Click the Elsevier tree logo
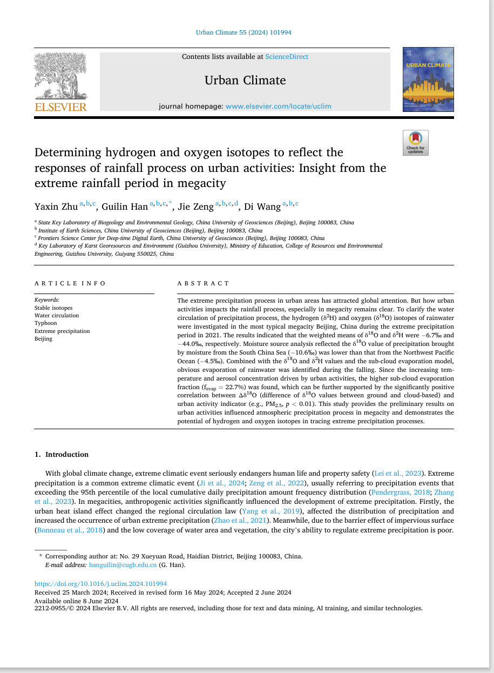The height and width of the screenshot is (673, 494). click(60, 81)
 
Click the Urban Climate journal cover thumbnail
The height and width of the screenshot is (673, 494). click(428, 79)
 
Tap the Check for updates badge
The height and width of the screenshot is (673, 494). click(415, 143)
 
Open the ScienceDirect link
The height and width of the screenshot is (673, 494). click(287, 56)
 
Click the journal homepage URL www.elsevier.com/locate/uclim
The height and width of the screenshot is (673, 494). click(278, 106)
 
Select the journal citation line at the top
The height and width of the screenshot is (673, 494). click(243, 32)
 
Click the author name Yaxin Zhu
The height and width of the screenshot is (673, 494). click(56, 206)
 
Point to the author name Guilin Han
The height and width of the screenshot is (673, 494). click(125, 206)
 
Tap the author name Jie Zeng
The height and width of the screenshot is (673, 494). click(196, 206)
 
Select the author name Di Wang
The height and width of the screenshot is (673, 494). click(262, 206)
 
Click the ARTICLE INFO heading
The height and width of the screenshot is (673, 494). click(70, 283)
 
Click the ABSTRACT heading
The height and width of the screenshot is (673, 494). click(204, 283)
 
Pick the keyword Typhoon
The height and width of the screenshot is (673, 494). click(45, 323)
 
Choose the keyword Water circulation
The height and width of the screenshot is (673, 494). click(57, 315)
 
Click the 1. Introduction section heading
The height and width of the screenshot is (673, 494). click(62, 454)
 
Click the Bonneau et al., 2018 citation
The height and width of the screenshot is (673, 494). click(70, 530)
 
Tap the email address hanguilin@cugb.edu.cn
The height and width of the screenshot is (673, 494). click(123, 565)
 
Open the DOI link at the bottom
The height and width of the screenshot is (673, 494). click(100, 584)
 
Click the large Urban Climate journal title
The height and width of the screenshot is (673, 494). click(245, 81)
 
